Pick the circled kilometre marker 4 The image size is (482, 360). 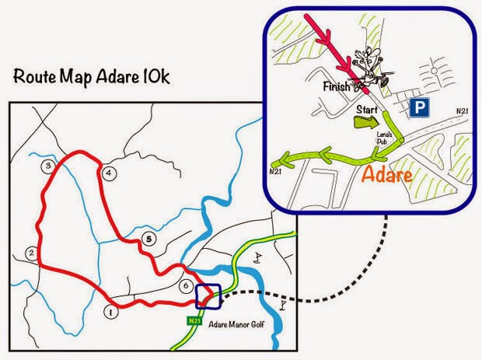pos(109,173)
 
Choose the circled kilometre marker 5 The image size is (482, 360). pos(149,239)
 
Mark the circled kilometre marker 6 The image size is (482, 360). pos(185,285)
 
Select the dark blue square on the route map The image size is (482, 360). pos(208,297)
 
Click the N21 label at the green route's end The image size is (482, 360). pos(275,170)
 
